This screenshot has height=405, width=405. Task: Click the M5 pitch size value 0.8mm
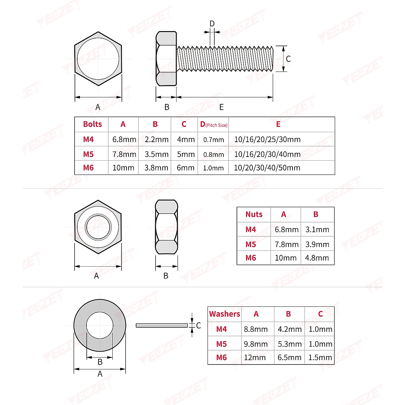214,155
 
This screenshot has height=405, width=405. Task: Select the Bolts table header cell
92,124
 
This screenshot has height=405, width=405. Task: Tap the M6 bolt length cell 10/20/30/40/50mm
267,168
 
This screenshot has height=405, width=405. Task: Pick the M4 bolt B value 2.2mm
157,139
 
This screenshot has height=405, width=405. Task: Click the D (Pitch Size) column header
214,125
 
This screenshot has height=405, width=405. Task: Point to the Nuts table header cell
254,214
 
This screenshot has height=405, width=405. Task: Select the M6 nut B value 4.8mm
317,258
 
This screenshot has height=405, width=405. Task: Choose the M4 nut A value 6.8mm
287,230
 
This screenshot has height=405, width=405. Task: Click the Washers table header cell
224,314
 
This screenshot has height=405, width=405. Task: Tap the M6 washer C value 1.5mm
320,357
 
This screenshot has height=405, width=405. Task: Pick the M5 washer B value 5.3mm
290,344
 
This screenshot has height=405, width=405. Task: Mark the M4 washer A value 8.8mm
256,329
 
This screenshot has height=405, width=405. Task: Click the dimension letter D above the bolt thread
212,24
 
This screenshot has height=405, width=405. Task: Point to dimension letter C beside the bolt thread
288,59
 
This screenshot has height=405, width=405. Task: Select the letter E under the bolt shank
221,107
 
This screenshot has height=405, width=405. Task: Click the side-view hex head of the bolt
166,59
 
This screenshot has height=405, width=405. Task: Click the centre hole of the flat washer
100,325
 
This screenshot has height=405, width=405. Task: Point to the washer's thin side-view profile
162,325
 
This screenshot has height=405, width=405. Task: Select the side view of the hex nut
166,226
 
